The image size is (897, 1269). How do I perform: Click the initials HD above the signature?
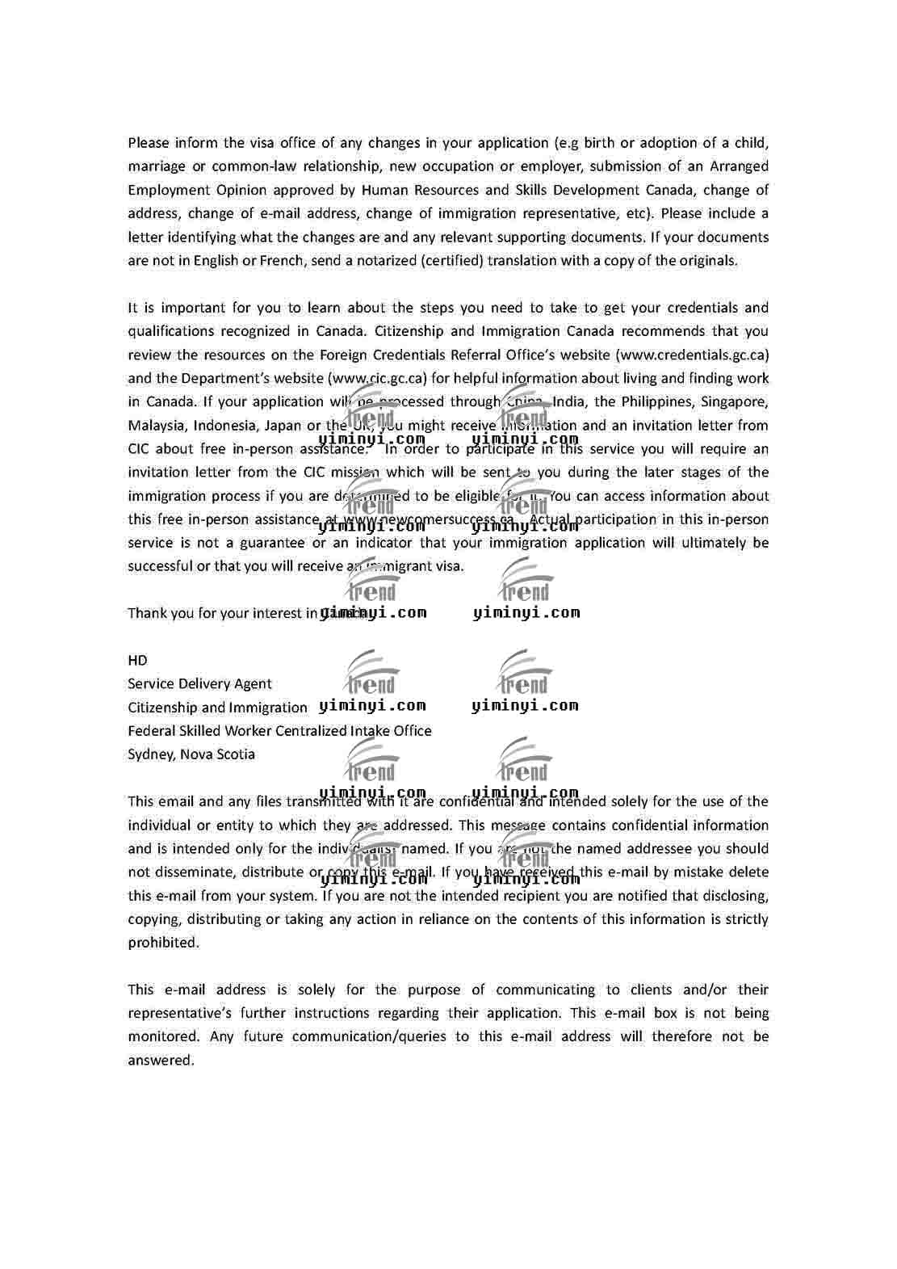click(x=137, y=660)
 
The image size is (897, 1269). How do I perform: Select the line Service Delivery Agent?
click(x=199, y=683)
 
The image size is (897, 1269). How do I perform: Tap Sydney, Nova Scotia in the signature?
click(x=191, y=754)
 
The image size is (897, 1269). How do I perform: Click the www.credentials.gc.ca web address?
click(x=692, y=355)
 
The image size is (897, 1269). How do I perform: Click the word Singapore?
click(x=735, y=401)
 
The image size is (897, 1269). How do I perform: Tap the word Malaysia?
click(x=157, y=425)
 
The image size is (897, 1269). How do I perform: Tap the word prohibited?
click(x=162, y=943)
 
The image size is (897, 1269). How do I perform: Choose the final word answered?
click(x=161, y=1061)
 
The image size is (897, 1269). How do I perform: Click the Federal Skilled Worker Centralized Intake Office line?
click(x=279, y=731)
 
